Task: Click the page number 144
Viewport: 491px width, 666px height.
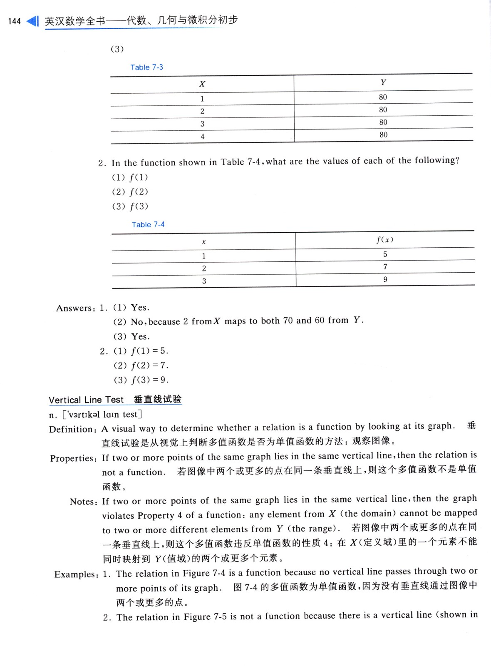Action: [x=14, y=21]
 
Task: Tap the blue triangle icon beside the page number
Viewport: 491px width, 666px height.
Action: [x=32, y=21]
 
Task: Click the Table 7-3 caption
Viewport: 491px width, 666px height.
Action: [x=146, y=67]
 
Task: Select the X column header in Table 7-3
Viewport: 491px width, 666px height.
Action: [x=202, y=84]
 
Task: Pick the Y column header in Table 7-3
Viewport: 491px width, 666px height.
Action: [x=383, y=82]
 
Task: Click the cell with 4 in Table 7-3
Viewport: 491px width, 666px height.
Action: [x=203, y=137]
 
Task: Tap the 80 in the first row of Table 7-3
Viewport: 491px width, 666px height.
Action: [x=383, y=97]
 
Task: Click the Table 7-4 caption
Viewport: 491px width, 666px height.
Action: [x=148, y=225]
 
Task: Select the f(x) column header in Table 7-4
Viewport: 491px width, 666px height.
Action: [x=385, y=240]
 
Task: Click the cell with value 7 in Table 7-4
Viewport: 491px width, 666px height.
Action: [x=385, y=267]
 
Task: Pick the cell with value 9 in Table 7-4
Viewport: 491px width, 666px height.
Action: [x=385, y=280]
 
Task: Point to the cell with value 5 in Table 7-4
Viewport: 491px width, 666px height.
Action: [x=385, y=254]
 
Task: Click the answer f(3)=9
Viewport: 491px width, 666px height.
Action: [x=150, y=380]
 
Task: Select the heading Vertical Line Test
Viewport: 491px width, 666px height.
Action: [x=86, y=400]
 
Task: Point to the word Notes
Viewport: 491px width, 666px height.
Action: [x=83, y=502]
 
